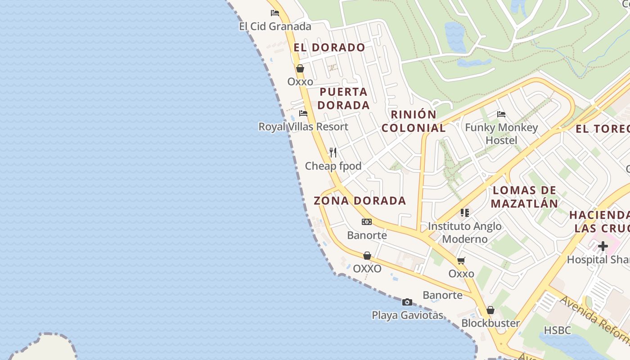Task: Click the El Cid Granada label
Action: (275, 27)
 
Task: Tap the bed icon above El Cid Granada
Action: (275, 13)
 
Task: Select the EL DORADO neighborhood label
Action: (329, 47)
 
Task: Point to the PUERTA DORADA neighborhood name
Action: (344, 99)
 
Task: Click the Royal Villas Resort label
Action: (303, 127)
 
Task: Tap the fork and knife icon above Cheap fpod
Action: (333, 153)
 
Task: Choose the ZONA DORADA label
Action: (360, 201)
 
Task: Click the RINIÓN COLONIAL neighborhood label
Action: (414, 121)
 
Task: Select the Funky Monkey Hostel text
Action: (501, 134)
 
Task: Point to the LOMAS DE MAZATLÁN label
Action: (524, 197)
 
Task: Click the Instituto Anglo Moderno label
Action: (465, 232)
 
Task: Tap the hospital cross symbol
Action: (603, 246)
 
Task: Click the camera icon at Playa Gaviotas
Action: (407, 302)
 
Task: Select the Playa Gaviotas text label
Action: (407, 315)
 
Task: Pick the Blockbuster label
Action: (490, 323)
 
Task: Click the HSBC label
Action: (557, 330)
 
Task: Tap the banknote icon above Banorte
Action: (367, 222)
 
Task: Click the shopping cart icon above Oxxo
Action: (461, 261)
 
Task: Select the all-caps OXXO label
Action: (367, 269)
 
